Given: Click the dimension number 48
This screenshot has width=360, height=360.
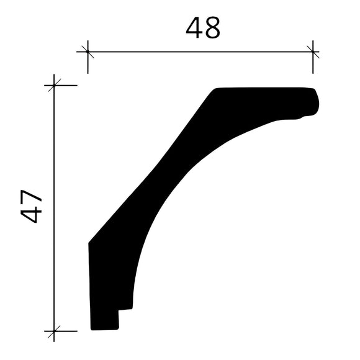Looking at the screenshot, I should (x=203, y=28).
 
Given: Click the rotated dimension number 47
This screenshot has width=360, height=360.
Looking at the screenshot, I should (x=32, y=207).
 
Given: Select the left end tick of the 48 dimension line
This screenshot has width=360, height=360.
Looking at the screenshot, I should (x=88, y=52).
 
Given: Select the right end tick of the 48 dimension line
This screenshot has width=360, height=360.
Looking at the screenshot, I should (x=313, y=52).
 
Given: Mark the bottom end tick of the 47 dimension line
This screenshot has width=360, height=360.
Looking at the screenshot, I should (x=55, y=331).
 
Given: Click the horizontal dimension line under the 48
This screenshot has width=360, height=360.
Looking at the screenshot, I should (x=199, y=52).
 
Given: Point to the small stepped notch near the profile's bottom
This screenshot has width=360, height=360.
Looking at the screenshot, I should (x=124, y=310).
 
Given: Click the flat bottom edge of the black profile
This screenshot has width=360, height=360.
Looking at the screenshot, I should (x=104, y=329).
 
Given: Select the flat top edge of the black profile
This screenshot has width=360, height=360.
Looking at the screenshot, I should (x=261, y=88).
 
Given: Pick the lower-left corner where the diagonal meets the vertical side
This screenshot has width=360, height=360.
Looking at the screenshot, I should (x=89, y=242).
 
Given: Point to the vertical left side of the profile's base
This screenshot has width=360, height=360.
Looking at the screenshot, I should (x=91, y=286).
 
